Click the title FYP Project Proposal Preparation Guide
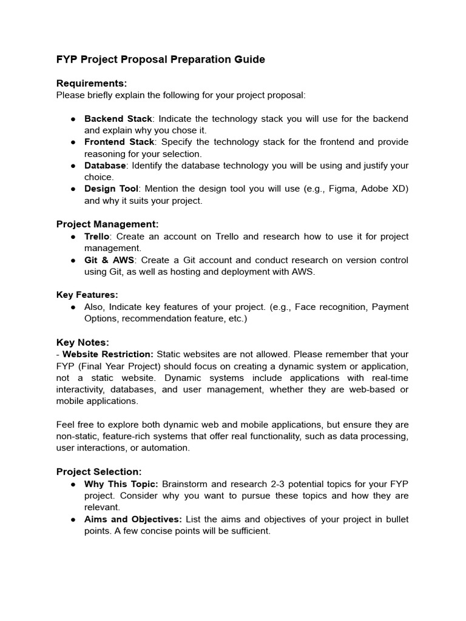point(160,59)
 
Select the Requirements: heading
point(92,83)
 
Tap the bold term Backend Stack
point(118,118)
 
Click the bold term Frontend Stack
point(119,142)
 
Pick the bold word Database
point(105,166)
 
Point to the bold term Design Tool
point(111,189)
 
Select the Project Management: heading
point(107,224)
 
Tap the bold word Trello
point(96,237)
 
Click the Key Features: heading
point(87,295)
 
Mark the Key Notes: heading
point(83,343)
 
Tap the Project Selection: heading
point(99,472)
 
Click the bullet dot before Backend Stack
point(72,119)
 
